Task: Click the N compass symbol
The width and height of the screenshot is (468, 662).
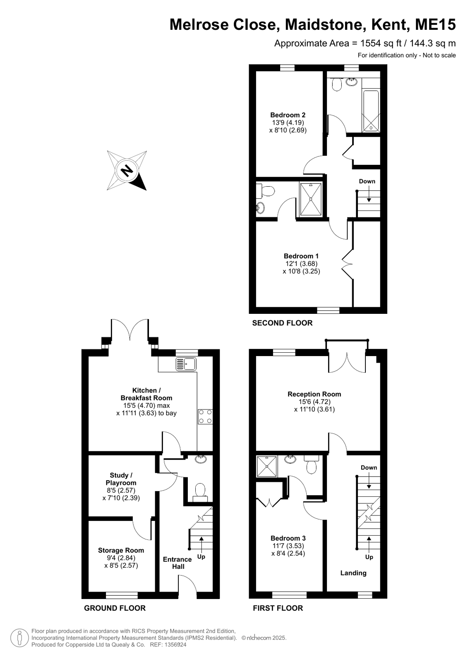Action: pyautogui.click(x=127, y=171)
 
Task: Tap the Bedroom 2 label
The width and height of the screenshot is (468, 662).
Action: pyautogui.click(x=288, y=115)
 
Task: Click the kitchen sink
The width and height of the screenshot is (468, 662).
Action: pyautogui.click(x=186, y=364)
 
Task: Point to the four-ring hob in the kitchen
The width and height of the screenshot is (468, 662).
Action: pyautogui.click(x=205, y=416)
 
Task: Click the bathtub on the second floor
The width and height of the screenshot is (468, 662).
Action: pyautogui.click(x=371, y=111)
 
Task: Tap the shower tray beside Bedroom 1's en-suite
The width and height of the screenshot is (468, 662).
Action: pyautogui.click(x=311, y=199)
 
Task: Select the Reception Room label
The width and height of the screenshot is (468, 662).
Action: pyautogui.click(x=314, y=394)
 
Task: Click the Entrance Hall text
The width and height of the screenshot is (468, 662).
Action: pyautogui.click(x=177, y=563)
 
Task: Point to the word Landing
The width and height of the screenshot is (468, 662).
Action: pyautogui.click(x=353, y=573)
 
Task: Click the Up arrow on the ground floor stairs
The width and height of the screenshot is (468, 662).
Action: pyautogui.click(x=201, y=543)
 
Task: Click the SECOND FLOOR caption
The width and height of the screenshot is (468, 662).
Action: pyautogui.click(x=282, y=323)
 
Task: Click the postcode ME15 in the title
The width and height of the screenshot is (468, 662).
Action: pyautogui.click(x=435, y=24)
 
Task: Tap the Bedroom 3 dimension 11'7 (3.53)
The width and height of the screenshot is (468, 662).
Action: pyautogui.click(x=288, y=546)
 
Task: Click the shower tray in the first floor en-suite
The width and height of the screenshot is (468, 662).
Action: pyautogui.click(x=267, y=466)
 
